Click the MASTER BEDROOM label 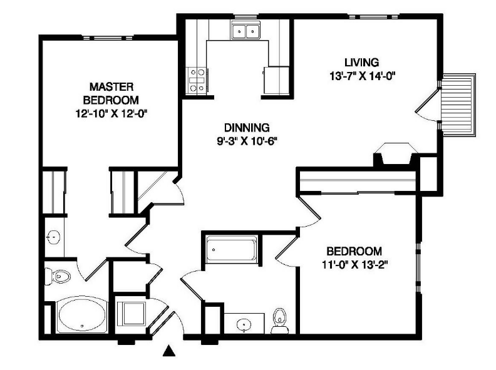[111, 93]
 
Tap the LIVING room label [361, 63]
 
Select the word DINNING [247, 128]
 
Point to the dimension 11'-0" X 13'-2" [355, 264]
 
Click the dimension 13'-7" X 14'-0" [363, 76]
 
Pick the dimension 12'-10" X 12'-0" [111, 113]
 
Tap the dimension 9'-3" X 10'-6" [247, 141]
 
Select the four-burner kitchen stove [197, 80]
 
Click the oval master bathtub [81, 315]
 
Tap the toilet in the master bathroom [58, 276]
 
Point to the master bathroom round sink [54, 237]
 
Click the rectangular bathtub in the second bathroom [232, 249]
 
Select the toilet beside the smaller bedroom [280, 321]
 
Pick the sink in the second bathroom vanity [244, 325]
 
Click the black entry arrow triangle [169, 351]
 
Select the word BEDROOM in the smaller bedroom [354, 251]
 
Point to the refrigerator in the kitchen [277, 80]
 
